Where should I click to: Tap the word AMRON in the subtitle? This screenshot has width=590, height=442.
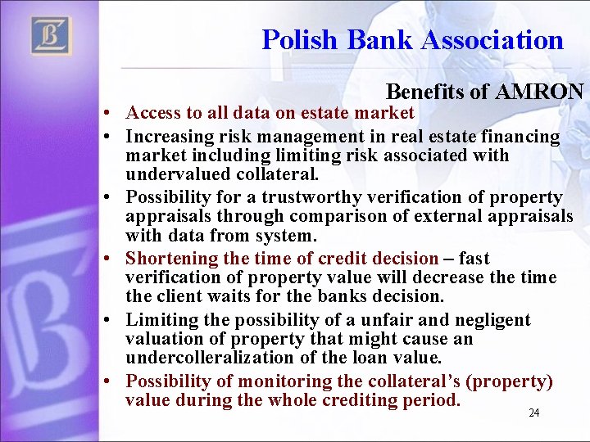pyautogui.click(x=539, y=92)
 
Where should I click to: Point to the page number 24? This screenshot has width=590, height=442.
pyautogui.click(x=533, y=413)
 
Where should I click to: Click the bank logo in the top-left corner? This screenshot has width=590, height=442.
pyautogui.click(x=51, y=36)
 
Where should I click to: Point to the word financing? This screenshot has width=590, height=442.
pyautogui.click(x=521, y=137)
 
